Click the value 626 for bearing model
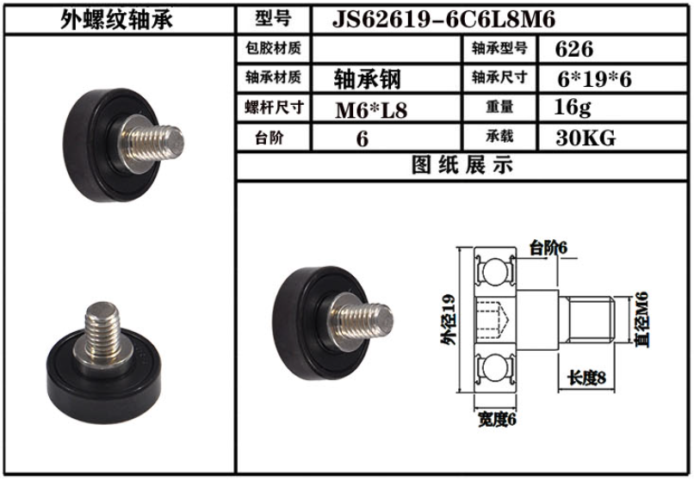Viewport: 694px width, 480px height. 574,49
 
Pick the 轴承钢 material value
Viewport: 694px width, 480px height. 367,79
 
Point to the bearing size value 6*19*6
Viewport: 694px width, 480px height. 595,79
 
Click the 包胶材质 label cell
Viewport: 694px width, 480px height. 274,49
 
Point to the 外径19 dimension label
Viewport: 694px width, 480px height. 446,323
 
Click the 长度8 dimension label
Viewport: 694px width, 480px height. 587,378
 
